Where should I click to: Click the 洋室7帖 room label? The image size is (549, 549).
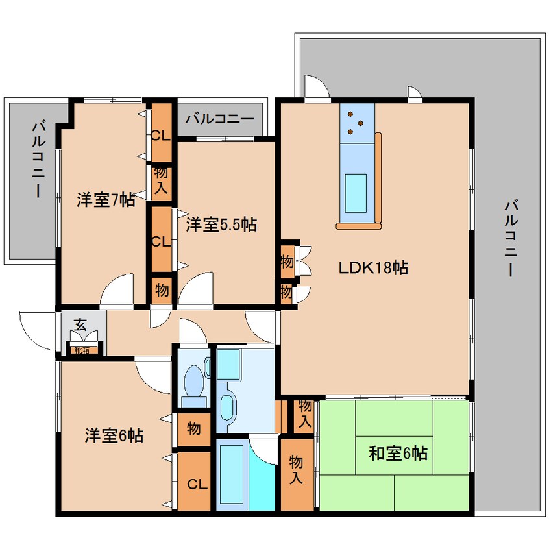pos(105,201)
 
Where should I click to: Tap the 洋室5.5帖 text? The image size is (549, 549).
pos(221,225)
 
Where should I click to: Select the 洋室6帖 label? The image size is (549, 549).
pos(114,436)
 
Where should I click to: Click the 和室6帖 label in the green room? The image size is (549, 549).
pos(398,454)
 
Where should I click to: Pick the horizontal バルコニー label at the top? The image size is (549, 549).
pos(219,119)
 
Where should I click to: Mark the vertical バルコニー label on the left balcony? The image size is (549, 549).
pos(37,159)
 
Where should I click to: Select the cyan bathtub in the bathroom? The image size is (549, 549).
pos(230,476)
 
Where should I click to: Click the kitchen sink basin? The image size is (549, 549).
pos(356,191)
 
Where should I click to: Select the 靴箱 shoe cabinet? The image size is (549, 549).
pos(82,350)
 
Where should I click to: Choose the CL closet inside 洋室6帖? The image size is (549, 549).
pos(194,484)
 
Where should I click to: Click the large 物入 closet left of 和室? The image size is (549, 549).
pos(297,474)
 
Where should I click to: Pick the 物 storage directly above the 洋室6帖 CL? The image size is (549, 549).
pos(194,428)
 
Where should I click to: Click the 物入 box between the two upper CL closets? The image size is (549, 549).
pos(160,180)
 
